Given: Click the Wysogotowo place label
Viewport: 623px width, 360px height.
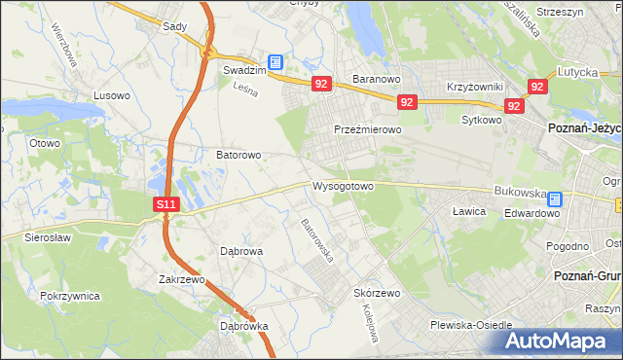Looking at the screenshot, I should click(343, 186).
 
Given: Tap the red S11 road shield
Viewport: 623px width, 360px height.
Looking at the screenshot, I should click(166, 204).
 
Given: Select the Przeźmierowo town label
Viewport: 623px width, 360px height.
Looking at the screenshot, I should click(367, 129).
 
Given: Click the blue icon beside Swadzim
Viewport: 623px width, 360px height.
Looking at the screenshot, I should click(275, 62).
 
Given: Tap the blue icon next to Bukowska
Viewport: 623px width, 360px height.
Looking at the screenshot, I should click(554, 198).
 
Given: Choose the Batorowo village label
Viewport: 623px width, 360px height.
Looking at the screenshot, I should click(238, 155).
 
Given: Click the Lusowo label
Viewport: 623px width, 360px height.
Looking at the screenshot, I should click(111, 95).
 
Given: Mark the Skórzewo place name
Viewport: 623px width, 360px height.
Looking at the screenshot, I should click(378, 293).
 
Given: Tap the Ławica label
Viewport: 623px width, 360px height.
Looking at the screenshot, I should click(469, 210).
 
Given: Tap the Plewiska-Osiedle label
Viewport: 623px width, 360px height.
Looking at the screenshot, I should click(477, 325).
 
